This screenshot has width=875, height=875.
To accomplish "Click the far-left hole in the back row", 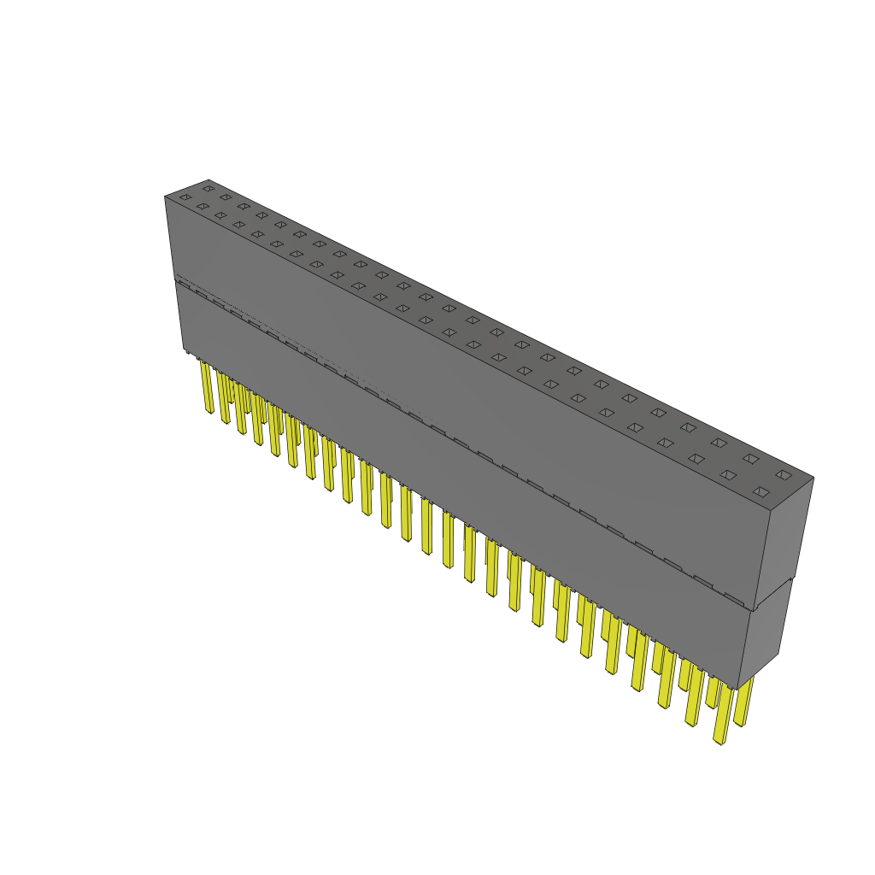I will pyautogui.click(x=208, y=189).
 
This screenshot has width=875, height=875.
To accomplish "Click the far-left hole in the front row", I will pyautogui.click(x=185, y=197).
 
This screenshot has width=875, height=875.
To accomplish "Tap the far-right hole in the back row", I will pyautogui.click(x=783, y=474).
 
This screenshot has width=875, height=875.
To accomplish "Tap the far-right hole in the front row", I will pyautogui.click(x=760, y=491).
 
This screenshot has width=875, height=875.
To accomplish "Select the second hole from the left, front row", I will pyautogui.click(x=203, y=206).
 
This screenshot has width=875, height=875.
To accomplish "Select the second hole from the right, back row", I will pyautogui.click(x=750, y=459).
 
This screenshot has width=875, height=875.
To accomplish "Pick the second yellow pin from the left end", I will pyautogui.click(x=223, y=398).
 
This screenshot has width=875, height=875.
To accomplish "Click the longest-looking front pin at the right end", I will pyautogui.click(x=723, y=713).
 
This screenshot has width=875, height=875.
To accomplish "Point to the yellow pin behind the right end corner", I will pyautogui.click(x=743, y=701).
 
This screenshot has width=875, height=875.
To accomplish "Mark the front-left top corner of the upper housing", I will pyautogui.click(x=165, y=197).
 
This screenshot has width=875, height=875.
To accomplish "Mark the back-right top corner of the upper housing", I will pyautogui.click(x=813, y=478).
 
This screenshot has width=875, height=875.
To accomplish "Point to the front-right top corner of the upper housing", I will pyautogui.click(x=772, y=511).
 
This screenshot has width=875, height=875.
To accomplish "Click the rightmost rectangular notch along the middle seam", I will pyautogui.click(x=733, y=597).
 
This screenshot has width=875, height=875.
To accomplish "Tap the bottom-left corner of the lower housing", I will pyautogui.click(x=184, y=349).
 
